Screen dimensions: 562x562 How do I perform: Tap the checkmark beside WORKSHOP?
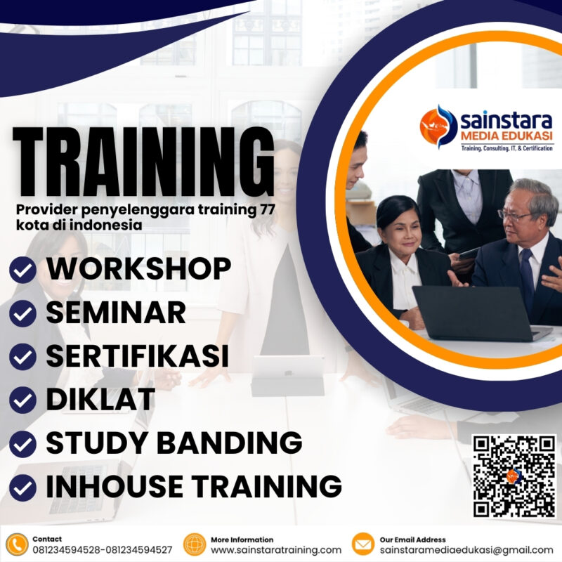[22, 270]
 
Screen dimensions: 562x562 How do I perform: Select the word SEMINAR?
[116, 313]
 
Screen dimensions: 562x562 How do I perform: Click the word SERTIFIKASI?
[137, 356]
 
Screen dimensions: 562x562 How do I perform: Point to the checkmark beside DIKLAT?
[22, 400]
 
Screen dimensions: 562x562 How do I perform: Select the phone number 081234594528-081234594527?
[102, 550]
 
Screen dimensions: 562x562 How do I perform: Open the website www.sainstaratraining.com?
[276, 550]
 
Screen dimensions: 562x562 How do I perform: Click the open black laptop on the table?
[467, 313]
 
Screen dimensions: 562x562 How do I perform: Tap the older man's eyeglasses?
[516, 215]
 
